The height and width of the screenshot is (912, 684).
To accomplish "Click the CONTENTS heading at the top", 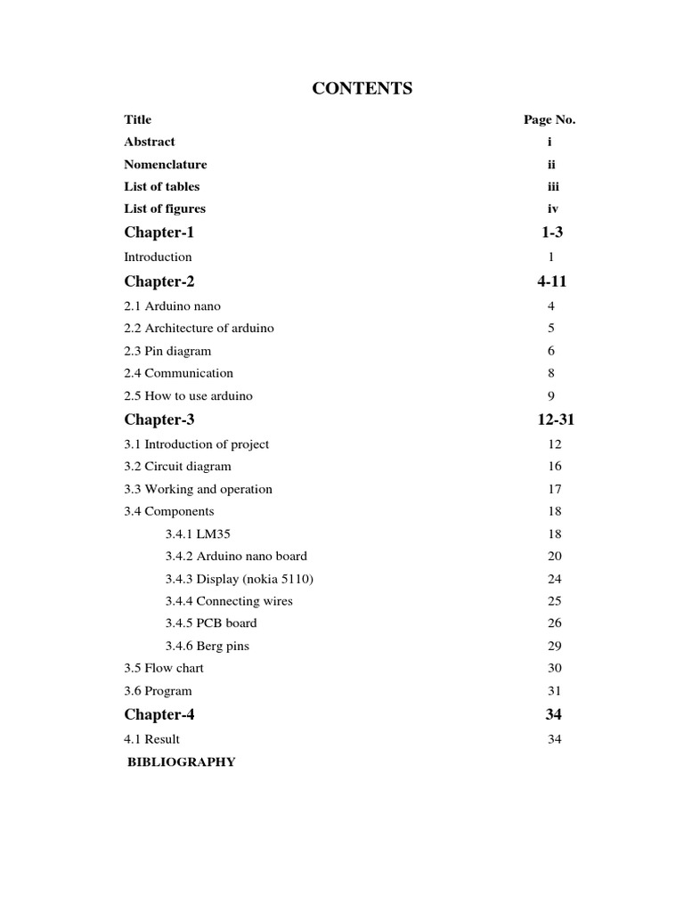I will click(x=362, y=88).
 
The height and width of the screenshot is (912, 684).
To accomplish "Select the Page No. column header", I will click(x=550, y=119).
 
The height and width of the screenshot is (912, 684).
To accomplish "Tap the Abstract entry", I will click(x=150, y=142).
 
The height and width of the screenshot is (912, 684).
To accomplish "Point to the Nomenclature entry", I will click(x=166, y=165).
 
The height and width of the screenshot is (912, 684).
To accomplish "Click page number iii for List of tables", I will click(x=550, y=187).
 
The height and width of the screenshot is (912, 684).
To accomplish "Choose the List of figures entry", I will click(x=165, y=209).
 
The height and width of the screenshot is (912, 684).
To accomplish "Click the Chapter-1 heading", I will click(x=159, y=233).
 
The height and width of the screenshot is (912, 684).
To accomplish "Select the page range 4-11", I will click(x=550, y=282).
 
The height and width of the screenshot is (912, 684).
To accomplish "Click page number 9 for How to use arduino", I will click(x=551, y=396).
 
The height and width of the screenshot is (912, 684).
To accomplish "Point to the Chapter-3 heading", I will click(x=159, y=420).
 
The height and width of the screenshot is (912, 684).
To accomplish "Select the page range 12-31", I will click(x=550, y=420).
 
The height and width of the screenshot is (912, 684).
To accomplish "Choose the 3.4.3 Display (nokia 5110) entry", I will click(x=240, y=579).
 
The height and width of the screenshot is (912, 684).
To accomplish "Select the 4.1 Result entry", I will click(x=152, y=739).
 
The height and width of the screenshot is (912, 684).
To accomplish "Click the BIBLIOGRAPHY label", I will click(x=182, y=762).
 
